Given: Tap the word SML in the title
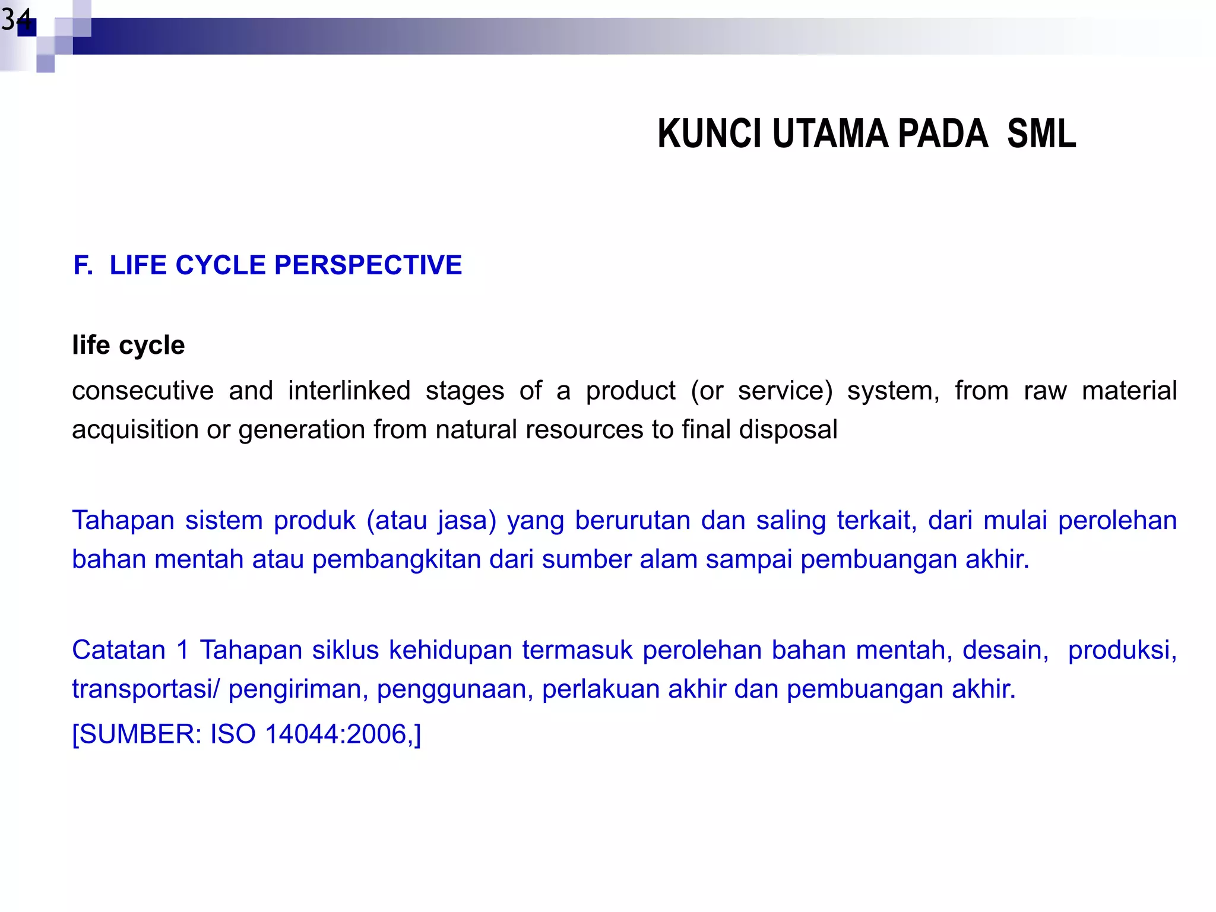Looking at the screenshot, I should click(x=1041, y=134).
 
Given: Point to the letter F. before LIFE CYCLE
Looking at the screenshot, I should click(x=83, y=265).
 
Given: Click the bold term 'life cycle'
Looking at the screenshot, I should click(x=128, y=346).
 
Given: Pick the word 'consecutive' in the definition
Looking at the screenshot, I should click(x=142, y=391).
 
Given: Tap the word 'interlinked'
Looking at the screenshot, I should click(x=349, y=391).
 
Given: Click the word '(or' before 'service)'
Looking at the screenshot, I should click(x=707, y=391).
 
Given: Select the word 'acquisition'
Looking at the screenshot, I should click(x=135, y=430).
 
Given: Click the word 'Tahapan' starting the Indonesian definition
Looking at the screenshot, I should click(x=122, y=521).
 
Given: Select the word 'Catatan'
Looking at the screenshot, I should click(x=119, y=650).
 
